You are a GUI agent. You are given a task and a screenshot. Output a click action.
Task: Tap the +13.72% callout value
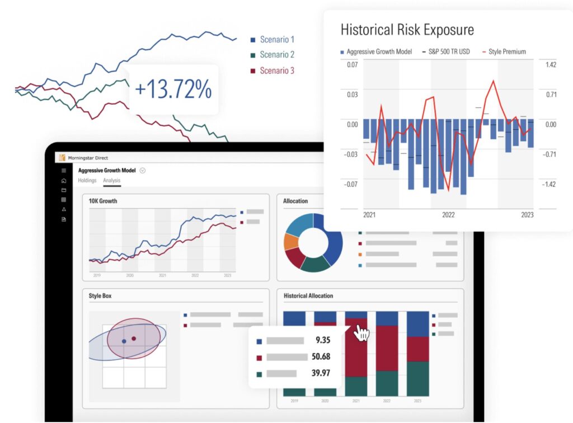click(173, 90)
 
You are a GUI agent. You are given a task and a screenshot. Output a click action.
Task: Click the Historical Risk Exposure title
click(407, 30)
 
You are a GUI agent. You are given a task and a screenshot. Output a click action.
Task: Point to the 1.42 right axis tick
click(550, 65)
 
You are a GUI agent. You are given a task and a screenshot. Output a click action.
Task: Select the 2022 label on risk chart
click(448, 215)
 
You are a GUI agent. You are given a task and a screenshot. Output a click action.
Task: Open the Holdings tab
click(87, 181)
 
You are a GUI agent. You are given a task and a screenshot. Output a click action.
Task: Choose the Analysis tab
click(111, 181)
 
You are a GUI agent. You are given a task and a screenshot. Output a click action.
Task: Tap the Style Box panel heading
click(100, 295)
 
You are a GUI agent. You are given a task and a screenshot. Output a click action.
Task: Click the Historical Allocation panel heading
click(308, 295)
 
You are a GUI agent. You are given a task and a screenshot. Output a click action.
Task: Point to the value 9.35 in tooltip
click(322, 340)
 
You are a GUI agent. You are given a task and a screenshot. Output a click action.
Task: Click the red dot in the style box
click(134, 339)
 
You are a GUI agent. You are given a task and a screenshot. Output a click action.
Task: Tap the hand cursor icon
click(361, 333)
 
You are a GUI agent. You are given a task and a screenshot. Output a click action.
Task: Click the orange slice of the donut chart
click(290, 242)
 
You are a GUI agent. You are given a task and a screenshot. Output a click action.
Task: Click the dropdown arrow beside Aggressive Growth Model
click(143, 171)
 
